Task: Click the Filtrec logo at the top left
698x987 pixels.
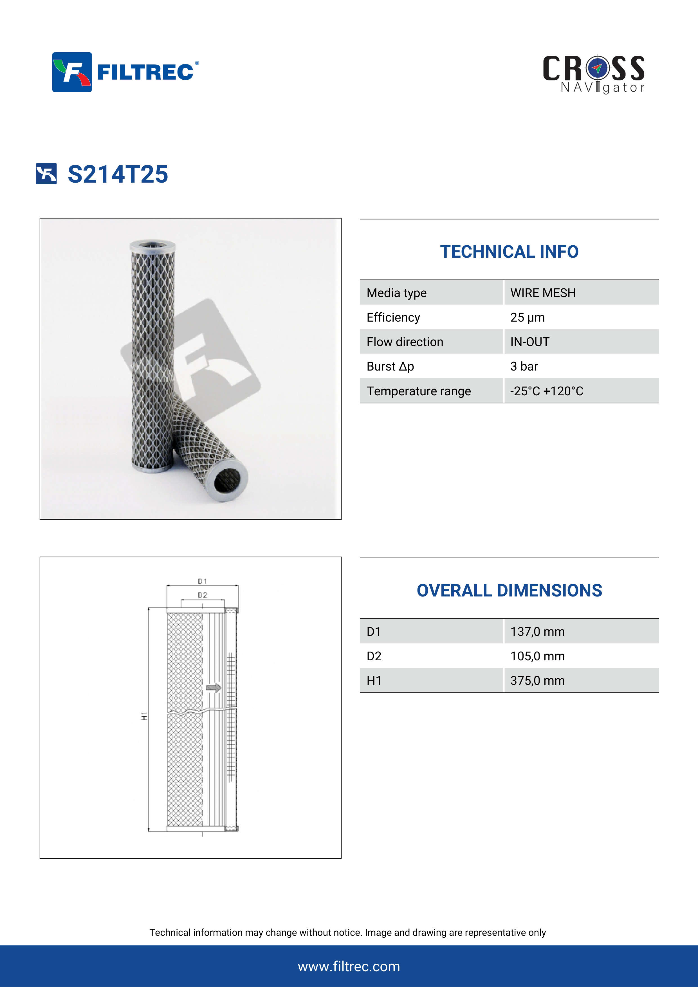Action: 125,72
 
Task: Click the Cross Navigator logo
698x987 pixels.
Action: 594,74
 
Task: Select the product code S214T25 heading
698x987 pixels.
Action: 118,174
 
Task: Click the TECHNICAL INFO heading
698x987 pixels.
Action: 509,252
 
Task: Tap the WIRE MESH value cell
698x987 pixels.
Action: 543,293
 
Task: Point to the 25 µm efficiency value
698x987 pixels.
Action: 527,317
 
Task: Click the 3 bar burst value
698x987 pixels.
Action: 524,366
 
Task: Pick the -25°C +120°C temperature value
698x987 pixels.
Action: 547,391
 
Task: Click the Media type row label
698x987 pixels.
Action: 396,293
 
